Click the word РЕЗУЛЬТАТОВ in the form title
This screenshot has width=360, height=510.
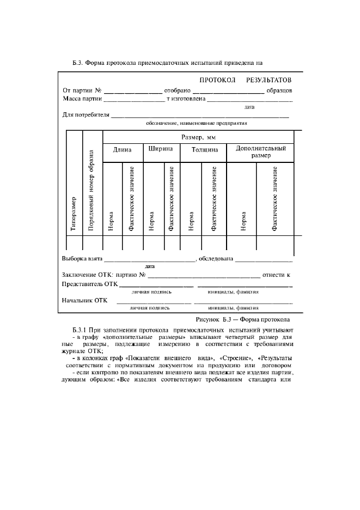point(269,80)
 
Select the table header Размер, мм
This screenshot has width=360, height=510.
point(198,138)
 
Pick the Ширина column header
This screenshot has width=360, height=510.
point(161,149)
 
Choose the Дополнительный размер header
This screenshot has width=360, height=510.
point(260,151)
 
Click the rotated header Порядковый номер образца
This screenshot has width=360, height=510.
point(91,191)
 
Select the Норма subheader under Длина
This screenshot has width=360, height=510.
point(111,221)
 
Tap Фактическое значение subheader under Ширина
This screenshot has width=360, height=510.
point(172,198)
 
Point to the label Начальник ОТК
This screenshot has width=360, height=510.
point(85,300)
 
